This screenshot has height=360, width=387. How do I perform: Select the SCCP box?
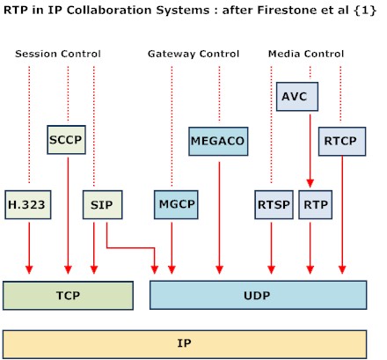pos(67,139)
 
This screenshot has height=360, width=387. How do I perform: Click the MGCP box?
pos(171,204)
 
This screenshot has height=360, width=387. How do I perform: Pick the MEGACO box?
pos(217,139)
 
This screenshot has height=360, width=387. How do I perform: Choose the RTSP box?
pos(271,204)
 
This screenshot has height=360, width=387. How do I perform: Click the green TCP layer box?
pos(68,295)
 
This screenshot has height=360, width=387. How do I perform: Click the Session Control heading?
pos(58,55)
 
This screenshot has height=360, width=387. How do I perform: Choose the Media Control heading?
pos(306,55)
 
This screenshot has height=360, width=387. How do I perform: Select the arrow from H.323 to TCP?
pos(28,246)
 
